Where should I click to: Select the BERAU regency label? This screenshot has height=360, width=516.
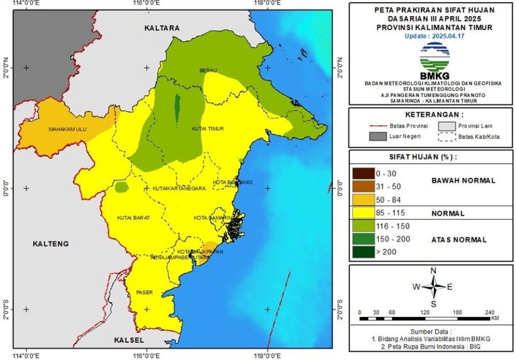(208, 70)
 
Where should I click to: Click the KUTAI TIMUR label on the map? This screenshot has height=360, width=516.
(207, 129)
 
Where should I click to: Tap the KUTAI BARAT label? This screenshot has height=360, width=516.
(133, 218)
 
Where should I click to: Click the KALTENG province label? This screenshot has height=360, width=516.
(50, 244)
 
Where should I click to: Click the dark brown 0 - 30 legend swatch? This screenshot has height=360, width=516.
(362, 174)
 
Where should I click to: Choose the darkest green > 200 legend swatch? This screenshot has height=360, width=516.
(362, 252)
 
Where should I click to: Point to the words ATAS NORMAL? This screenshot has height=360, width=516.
(459, 240)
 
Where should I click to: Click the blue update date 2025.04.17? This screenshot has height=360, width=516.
(433, 35)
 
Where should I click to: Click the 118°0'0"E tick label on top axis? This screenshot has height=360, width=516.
(267, 4)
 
